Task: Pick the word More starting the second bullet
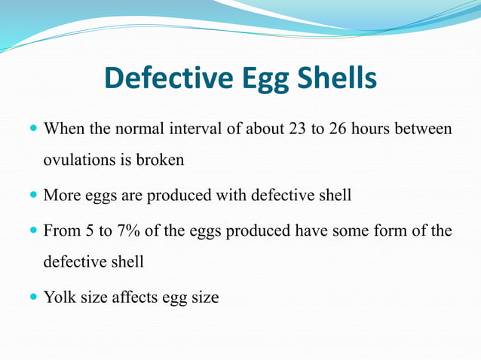click(x=60, y=196)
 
